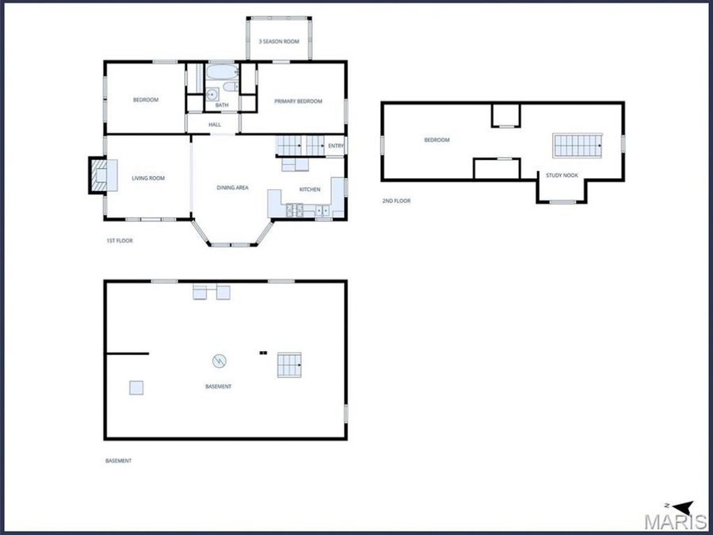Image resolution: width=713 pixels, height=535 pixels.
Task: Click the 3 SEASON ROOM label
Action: [x=279, y=41]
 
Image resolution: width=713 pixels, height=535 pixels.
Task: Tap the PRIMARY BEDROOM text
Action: [x=299, y=101]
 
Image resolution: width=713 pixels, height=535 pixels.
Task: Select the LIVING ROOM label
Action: [x=148, y=178]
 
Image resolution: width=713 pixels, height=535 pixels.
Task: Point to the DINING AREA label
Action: [x=232, y=187]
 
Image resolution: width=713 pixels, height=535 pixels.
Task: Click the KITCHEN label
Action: [x=310, y=189]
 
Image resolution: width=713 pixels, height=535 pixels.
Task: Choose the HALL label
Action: [x=215, y=124]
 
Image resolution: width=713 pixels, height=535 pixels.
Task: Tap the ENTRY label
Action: [x=336, y=146]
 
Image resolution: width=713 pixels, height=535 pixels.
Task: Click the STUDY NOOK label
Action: [x=562, y=175]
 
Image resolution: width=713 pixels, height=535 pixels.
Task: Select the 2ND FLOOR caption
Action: [x=397, y=201]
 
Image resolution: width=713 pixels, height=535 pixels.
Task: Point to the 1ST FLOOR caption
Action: [x=120, y=241]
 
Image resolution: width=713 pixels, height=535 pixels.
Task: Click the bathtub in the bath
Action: [x=223, y=72]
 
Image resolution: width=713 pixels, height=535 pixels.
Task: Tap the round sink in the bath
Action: [x=212, y=94]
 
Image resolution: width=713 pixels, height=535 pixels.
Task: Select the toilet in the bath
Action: [x=231, y=86]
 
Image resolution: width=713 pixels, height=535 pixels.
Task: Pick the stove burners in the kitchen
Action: [x=294, y=210]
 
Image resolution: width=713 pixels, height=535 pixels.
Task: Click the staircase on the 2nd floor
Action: [x=578, y=146]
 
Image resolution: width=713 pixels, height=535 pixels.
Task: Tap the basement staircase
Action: [x=289, y=365]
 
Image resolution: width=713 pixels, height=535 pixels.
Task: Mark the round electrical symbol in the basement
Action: [x=219, y=361]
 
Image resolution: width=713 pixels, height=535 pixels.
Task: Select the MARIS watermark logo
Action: [x=676, y=522]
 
